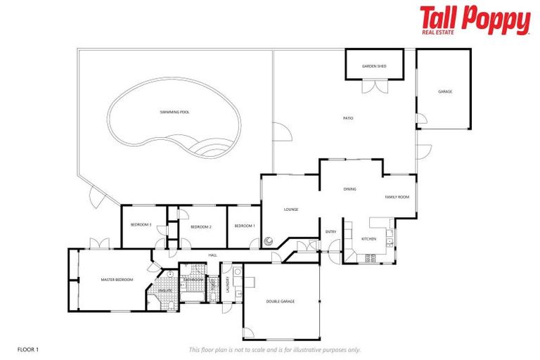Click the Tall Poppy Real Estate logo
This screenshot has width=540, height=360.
click(x=475, y=20)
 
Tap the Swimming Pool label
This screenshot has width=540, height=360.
click(x=175, y=112)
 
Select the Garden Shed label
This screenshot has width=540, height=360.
click(x=374, y=66)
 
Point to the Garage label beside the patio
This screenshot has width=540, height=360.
click(x=444, y=92)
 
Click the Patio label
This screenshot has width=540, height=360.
click(x=347, y=118)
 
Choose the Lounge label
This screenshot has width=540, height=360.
click(x=291, y=210)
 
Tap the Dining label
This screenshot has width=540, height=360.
click(x=349, y=189)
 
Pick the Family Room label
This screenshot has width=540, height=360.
click(x=397, y=197)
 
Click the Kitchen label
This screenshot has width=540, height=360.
click(x=369, y=239)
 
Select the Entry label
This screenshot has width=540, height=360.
click(x=330, y=232)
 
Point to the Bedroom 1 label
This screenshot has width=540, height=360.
click(x=244, y=226)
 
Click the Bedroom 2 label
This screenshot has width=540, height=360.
click(x=201, y=226)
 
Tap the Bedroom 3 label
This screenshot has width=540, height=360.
click(x=141, y=225)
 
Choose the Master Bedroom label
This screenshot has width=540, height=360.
click(x=117, y=280)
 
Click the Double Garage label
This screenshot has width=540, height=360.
click(x=280, y=301)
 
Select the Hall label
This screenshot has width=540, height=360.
click(x=211, y=255)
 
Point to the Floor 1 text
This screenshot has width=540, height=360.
click(x=27, y=349)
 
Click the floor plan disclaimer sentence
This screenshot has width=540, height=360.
click(x=274, y=349)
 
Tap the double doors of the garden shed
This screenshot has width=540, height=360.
click(x=374, y=87)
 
